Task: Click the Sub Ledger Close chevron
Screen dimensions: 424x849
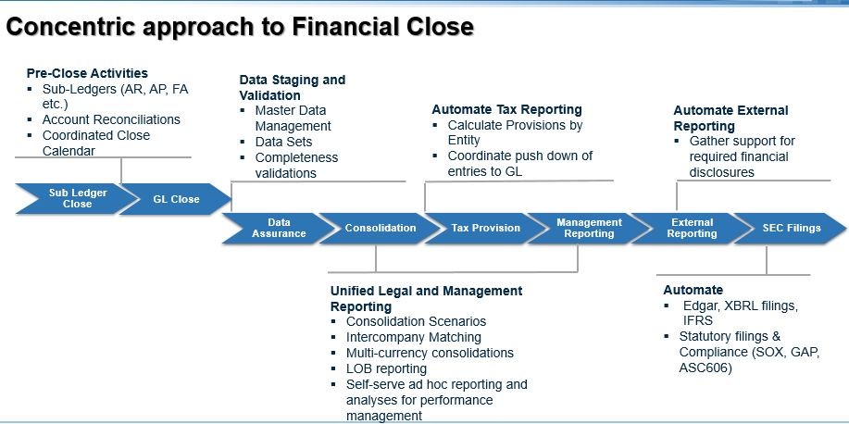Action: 77,199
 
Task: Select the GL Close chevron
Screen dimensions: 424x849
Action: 176,199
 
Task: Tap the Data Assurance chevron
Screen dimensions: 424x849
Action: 278,228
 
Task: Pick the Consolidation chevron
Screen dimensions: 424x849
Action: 380,228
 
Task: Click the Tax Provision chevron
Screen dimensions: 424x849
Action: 485,228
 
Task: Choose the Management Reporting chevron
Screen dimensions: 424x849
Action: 589,228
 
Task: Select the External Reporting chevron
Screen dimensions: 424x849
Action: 692,228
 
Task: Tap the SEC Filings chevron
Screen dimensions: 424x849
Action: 791,228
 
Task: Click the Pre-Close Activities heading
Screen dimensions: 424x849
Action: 87,73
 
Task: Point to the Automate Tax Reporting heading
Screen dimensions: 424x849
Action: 506,109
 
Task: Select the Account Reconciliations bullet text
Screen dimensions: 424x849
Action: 111,119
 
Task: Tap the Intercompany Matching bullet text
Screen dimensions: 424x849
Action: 414,337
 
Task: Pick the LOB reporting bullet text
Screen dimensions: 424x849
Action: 386,368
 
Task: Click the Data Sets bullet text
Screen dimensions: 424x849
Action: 283,142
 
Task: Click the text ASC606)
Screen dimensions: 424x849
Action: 705,368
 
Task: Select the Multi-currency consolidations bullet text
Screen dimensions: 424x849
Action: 430,353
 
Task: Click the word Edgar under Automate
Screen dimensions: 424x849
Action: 701,306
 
